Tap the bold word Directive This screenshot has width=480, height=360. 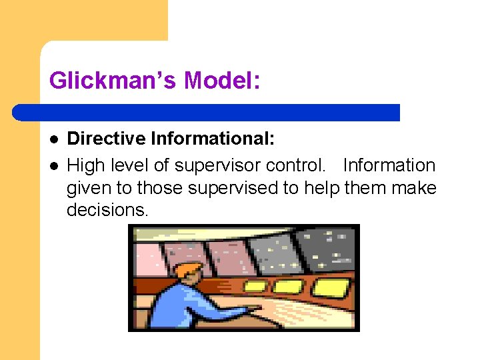coord(107,139)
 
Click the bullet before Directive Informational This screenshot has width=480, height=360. coord(54,139)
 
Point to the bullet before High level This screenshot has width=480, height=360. coord(54,165)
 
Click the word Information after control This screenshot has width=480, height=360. coord(389,165)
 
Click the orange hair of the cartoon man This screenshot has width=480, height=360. coord(189,270)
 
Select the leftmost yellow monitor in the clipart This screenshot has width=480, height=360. coord(256,286)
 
